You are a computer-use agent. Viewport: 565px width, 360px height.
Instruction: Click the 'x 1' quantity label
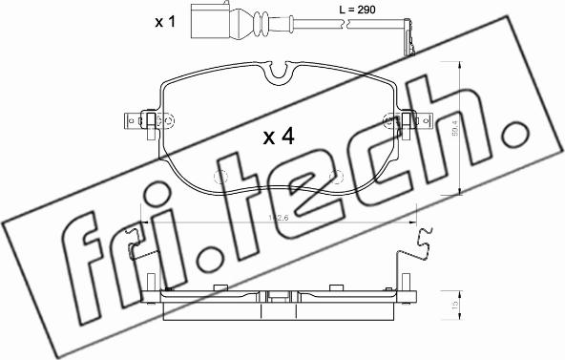(x=166, y=20)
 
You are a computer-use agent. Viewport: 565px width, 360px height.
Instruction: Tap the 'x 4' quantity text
(x=278, y=137)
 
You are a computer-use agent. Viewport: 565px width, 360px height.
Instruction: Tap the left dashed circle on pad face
(x=220, y=177)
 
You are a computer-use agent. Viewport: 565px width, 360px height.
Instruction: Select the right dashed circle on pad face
(x=335, y=177)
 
